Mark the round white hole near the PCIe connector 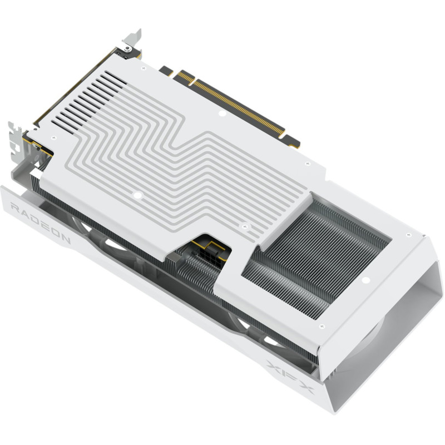click(x=221, y=115)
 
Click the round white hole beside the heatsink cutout click(x=367, y=280)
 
